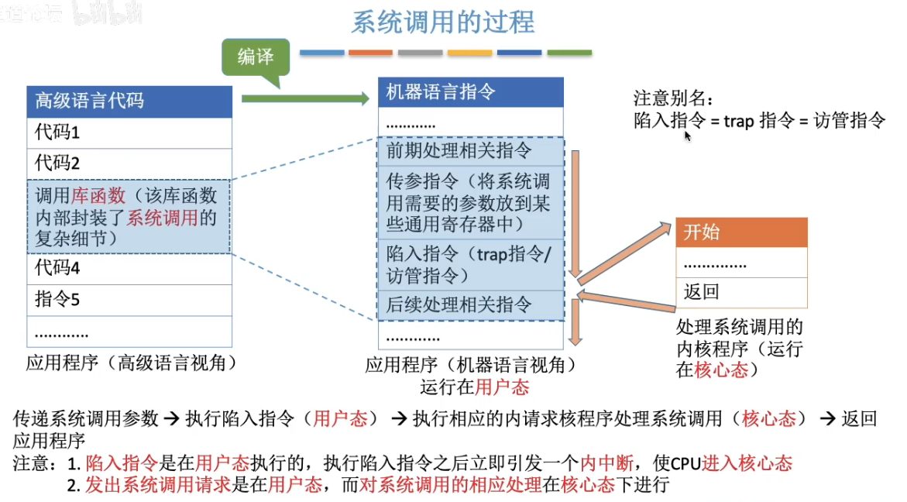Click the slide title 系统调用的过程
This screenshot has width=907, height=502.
(443, 22)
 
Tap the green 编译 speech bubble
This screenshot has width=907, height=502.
(255, 57)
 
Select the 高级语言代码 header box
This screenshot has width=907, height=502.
(129, 101)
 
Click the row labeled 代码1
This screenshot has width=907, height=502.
(129, 132)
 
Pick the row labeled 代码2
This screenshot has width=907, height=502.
(129, 163)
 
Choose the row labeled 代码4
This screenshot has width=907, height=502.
(129, 269)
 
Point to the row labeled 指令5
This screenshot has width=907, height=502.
(129, 300)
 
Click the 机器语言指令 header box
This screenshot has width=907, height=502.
(471, 93)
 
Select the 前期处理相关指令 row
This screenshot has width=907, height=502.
(471, 150)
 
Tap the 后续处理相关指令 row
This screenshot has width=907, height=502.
(471, 304)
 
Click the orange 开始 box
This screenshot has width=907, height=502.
(741, 232)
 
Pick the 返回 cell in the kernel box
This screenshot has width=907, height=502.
(741, 292)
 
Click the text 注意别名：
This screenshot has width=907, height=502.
(671, 99)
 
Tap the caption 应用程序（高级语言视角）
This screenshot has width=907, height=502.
(131, 363)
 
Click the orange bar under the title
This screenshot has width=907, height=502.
(370, 53)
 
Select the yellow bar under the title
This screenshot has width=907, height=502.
(469, 53)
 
